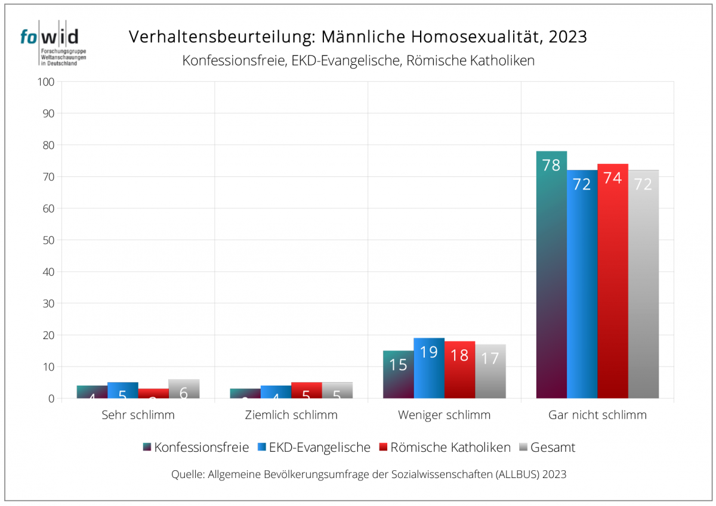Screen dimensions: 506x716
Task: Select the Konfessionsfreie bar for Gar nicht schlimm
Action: [551, 274]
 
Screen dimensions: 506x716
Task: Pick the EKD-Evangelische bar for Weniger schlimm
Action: [429, 368]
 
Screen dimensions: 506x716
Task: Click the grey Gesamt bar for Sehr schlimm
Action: [184, 389]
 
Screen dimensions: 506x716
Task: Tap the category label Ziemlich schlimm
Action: [291, 415]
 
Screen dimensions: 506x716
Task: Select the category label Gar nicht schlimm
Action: [597, 415]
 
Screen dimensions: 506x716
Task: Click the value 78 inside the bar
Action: [551, 165]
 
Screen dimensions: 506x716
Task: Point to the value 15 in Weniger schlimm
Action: [398, 364]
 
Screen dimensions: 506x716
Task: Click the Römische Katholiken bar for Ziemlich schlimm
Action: [307, 390]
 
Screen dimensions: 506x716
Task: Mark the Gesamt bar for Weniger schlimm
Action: [490, 371]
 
